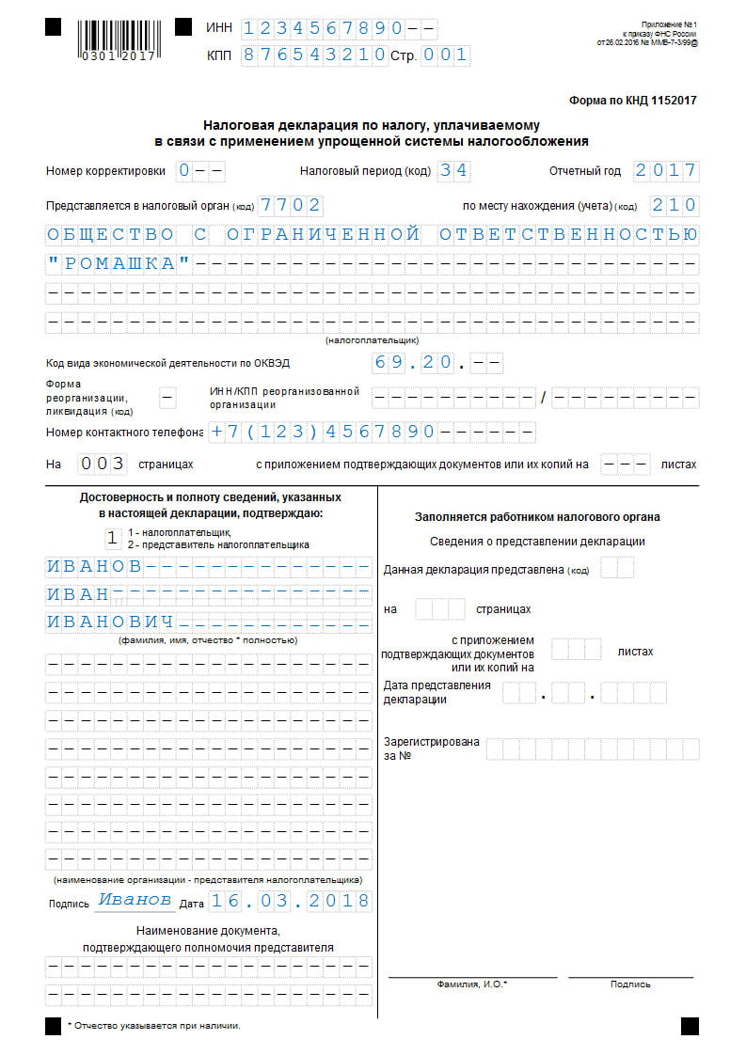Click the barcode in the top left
point(118,37)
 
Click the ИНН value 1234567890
point(323,28)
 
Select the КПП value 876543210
point(314,55)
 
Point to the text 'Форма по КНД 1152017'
point(632,100)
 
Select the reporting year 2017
point(665,171)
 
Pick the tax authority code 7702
point(291,205)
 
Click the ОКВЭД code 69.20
point(414,362)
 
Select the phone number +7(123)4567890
point(322,433)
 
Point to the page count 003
point(102,464)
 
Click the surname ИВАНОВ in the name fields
point(94,566)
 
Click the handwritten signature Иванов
point(135,900)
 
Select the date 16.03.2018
point(290,901)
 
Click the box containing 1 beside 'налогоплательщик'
point(112,538)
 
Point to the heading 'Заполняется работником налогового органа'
point(537,517)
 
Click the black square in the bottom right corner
point(690,1025)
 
